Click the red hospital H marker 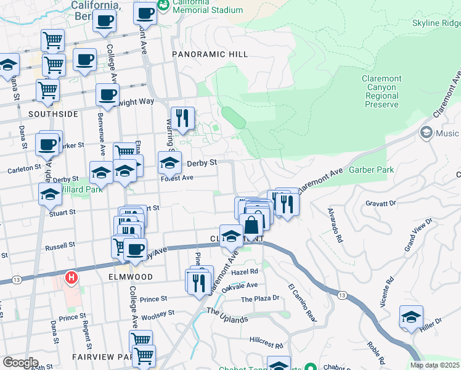point(71,277)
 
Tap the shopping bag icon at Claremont point(252,226)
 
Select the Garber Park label point(367,169)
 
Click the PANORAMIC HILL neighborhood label point(210,54)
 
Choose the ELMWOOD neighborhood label point(129,277)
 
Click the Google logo point(20,363)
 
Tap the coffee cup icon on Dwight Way point(107,95)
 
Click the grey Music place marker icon point(426,133)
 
